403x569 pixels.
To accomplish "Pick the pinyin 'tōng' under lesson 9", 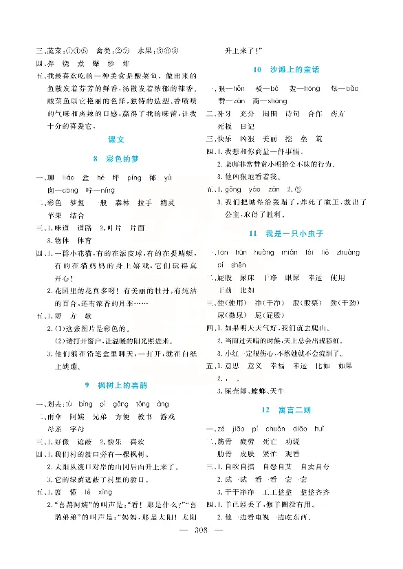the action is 144,404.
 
